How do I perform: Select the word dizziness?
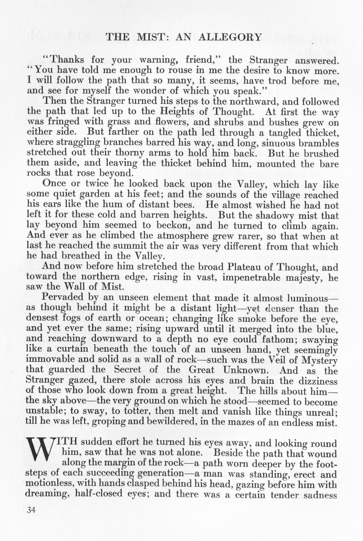point(318,380)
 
